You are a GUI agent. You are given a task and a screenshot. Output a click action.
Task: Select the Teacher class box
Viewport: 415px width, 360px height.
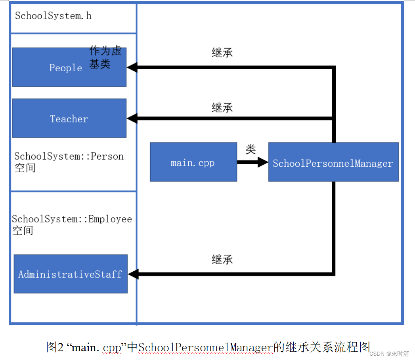pos(69,118)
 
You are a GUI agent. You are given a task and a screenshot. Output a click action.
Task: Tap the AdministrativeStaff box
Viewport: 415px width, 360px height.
pos(71,274)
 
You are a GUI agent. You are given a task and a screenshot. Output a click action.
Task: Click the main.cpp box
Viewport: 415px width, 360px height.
pos(193,162)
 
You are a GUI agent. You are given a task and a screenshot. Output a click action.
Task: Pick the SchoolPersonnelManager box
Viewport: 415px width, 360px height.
pos(333,162)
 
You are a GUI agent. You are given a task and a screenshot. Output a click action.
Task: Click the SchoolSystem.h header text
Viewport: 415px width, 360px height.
pos(54,16)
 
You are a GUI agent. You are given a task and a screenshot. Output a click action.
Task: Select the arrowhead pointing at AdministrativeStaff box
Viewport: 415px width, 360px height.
pos(133,274)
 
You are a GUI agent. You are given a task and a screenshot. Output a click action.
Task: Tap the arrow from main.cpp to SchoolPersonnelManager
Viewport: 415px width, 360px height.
pos(252,162)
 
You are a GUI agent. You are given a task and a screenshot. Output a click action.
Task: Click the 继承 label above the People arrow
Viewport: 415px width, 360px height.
pos(222,53)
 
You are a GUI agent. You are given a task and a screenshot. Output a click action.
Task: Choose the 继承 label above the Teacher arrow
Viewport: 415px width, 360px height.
pos(222,107)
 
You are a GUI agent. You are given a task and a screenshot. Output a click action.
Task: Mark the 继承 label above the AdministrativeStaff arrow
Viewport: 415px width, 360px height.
pos(222,260)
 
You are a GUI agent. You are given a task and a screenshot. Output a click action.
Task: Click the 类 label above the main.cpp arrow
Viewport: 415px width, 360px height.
pos(251,149)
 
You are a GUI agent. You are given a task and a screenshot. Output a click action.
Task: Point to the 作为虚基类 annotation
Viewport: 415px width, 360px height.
pos(105,57)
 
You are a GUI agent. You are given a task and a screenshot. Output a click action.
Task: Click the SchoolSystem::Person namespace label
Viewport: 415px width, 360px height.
pos(69,162)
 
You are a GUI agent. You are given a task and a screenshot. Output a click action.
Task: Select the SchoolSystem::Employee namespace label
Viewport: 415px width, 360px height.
pos(71,224)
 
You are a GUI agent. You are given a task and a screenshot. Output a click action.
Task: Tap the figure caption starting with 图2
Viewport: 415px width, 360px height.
pos(208,347)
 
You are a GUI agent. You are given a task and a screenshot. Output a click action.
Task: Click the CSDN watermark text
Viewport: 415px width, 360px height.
pos(389,353)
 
